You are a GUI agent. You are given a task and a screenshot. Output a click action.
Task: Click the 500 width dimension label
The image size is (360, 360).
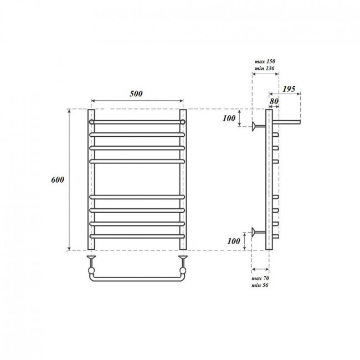pyautogui.click(x=136, y=94)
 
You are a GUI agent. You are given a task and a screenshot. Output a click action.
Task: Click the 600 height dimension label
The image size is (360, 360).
pyautogui.click(x=58, y=179)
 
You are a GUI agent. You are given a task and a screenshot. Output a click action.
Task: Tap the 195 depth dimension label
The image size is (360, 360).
pyautogui.click(x=289, y=89)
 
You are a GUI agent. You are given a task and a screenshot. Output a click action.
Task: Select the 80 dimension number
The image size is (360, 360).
pyautogui.click(x=274, y=101)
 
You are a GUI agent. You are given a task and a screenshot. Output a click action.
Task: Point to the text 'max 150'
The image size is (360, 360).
pyautogui.click(x=265, y=61)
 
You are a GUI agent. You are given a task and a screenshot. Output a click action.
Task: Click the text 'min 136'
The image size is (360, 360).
pyautogui.click(x=265, y=68)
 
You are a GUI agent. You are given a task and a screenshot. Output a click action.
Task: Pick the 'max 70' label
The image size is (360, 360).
pyautogui.click(x=260, y=278)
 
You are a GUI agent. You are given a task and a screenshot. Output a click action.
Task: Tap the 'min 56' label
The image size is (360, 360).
pyautogui.click(x=260, y=285)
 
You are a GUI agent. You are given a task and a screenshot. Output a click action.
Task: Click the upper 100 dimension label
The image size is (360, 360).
pyautogui.click(x=229, y=118)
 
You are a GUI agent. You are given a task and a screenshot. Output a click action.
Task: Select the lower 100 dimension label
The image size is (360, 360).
pyautogui.click(x=234, y=241)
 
